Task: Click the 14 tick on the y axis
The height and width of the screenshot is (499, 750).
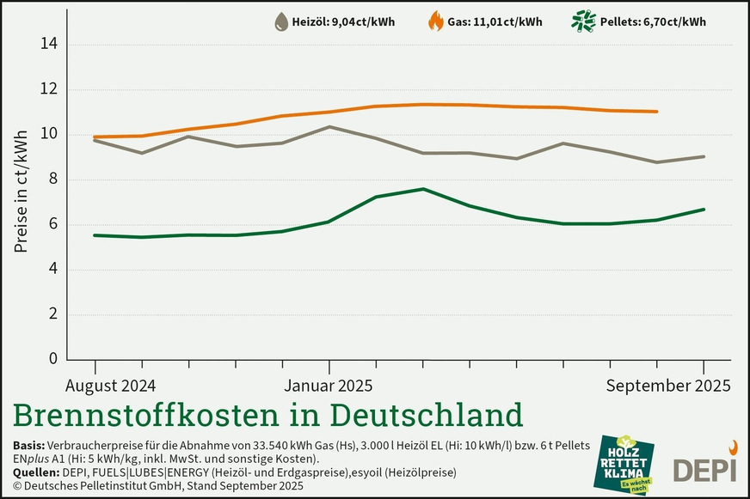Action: pyautogui.click(x=49, y=45)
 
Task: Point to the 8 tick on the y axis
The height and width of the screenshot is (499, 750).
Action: pyautogui.click(x=52, y=180)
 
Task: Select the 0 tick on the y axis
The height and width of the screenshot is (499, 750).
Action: pyautogui.click(x=52, y=359)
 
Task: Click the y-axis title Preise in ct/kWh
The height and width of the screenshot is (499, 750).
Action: pyautogui.click(x=21, y=191)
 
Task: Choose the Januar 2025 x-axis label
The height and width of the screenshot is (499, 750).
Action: pyautogui.click(x=329, y=385)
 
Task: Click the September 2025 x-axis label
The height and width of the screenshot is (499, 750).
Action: pyautogui.click(x=668, y=385)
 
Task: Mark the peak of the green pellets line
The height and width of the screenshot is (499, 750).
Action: pyautogui.click(x=422, y=189)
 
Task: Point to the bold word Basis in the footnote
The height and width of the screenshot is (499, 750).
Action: pyautogui.click(x=31, y=446)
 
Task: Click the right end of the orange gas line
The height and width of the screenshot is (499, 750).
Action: pyautogui.click(x=657, y=112)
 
